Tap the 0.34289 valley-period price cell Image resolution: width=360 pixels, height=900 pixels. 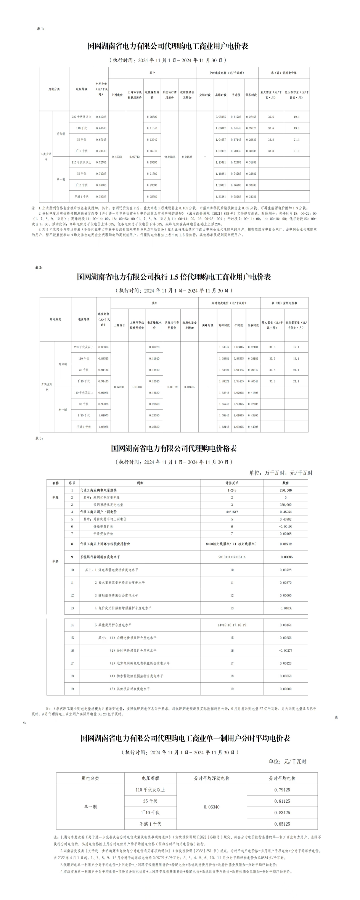click(x=251, y=197)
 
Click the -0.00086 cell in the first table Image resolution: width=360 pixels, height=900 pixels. click(x=170, y=157)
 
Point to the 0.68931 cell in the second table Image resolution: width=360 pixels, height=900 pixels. click(x=119, y=387)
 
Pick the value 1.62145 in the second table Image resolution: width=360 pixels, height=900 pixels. click(x=224, y=427)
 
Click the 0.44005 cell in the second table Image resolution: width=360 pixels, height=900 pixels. click(x=253, y=427)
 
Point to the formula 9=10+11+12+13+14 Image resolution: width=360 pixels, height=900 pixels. click(x=232, y=557)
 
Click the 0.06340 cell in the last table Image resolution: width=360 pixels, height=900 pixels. click(x=212, y=807)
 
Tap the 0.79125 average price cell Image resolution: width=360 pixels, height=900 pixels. click(x=282, y=790)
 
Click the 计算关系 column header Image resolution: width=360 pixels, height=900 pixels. click(x=232, y=483)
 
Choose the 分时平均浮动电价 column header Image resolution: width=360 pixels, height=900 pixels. click(x=212, y=778)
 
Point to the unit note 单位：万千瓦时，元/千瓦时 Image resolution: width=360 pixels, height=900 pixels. click(x=281, y=473)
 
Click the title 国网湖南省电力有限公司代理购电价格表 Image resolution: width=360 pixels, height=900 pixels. click(x=174, y=448)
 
